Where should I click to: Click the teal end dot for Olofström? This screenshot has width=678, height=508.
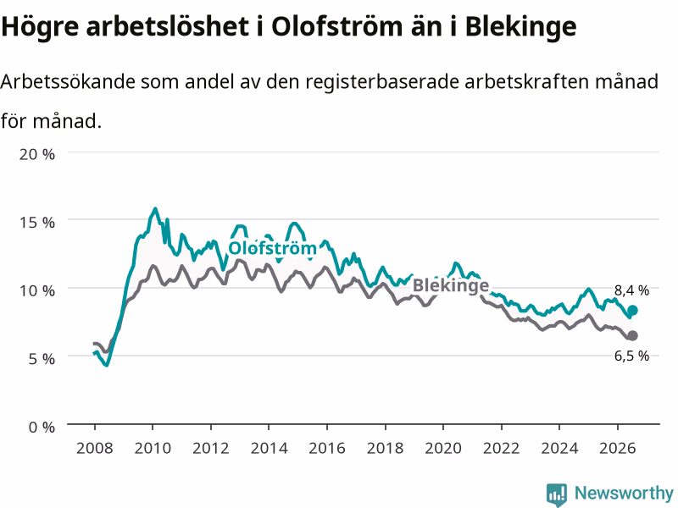coord(632,310)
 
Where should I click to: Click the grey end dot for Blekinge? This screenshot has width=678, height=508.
coord(632,335)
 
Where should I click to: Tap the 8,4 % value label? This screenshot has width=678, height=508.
coord(631,290)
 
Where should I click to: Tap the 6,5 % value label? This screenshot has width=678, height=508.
coord(631,356)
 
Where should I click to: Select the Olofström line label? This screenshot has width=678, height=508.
coord(272,248)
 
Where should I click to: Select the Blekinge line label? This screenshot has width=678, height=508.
coord(451,285)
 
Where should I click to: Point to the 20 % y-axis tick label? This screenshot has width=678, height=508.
coord(37,154)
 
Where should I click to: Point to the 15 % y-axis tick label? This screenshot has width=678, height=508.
coord(37,223)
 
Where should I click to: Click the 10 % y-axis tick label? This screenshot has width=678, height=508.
coord(37,290)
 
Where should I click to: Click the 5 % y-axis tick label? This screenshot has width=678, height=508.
coord(42,358)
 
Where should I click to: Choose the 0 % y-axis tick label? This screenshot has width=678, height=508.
coord(42,427)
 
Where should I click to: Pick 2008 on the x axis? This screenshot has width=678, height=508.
coord(95,448)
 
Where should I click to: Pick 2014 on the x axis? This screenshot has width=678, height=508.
coord(269,448)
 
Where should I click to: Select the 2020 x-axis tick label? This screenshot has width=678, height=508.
coord(443,448)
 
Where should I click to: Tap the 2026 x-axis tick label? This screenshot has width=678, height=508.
coord(618,448)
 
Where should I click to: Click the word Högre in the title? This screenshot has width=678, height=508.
coord(40,27)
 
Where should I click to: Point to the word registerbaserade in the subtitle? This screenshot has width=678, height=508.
coord(382,81)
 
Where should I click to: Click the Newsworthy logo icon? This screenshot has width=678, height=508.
coord(557,494)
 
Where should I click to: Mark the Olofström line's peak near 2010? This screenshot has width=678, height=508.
coord(155,208)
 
